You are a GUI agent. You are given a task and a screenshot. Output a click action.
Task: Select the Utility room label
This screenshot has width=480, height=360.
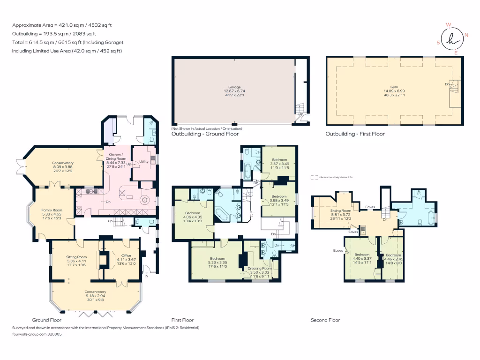(144, 162)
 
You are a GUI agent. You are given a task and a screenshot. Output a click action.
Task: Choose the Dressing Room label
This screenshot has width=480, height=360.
(260, 268)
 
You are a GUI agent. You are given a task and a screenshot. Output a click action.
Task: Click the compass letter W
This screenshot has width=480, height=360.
(448, 25)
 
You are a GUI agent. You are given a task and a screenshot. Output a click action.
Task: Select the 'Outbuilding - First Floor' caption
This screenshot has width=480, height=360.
(355, 134)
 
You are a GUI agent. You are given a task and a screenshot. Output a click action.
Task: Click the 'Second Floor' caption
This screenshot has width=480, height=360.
(325, 320)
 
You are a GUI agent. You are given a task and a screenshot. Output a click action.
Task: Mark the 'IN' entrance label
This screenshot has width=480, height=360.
(146, 276)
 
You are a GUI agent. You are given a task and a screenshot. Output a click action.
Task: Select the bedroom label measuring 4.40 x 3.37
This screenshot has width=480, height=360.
(361, 255)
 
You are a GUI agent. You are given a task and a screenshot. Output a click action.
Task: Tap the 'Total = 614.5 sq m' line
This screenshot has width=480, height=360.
(68, 42)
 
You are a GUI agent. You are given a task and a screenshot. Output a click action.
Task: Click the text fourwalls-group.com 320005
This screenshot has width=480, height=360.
(37, 334)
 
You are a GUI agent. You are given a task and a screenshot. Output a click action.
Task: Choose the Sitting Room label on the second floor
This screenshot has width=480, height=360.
(341, 211)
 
